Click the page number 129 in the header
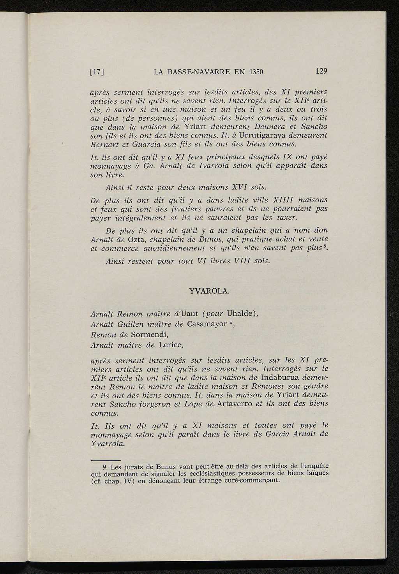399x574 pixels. point(321,71)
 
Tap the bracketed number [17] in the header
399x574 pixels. point(97,72)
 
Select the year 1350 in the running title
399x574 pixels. point(256,72)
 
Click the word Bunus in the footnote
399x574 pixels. point(156,467)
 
